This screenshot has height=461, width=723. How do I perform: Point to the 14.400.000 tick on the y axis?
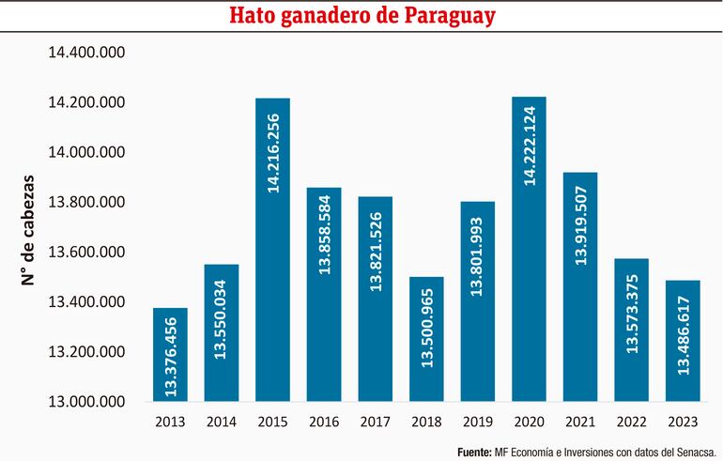87,53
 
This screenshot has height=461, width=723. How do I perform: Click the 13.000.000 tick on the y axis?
87,402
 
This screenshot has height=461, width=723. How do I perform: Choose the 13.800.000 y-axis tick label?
87,203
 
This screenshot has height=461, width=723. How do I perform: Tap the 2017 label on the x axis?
376,423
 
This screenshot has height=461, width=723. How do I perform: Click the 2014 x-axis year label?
222,423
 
